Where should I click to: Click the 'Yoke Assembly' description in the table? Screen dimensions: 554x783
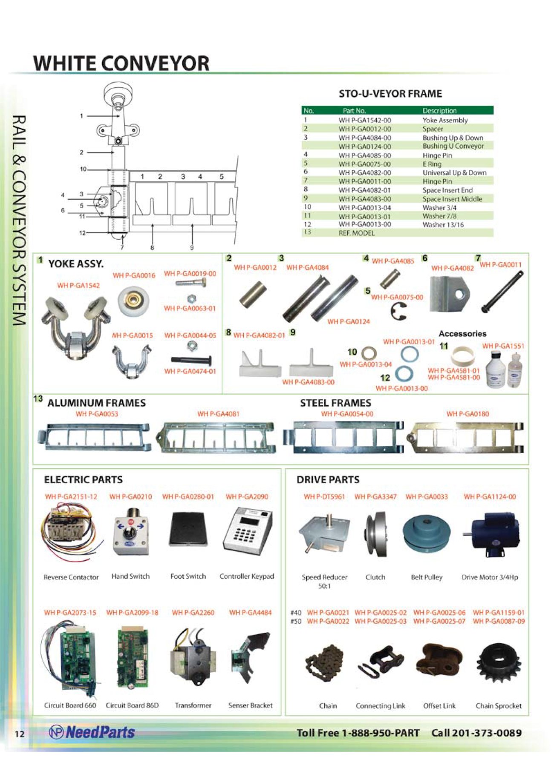[x=445, y=120]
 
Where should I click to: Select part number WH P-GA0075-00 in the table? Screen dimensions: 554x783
[x=364, y=164]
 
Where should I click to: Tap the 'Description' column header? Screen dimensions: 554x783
[x=439, y=111]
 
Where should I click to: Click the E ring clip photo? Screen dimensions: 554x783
[x=398, y=311]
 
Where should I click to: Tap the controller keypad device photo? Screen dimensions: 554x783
[x=248, y=532]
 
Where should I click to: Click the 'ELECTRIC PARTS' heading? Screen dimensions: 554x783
[x=84, y=479]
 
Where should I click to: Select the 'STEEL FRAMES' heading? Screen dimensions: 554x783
[x=335, y=403]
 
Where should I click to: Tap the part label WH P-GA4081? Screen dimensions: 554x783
[x=218, y=414]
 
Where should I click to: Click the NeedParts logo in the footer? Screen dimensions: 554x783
[x=92, y=732]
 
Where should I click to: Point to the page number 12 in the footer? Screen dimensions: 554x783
[x=20, y=734]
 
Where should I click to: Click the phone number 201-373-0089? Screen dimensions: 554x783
[x=487, y=733]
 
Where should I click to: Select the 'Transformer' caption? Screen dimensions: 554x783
[x=193, y=705]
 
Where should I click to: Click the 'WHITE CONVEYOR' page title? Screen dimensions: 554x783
[x=121, y=63]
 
